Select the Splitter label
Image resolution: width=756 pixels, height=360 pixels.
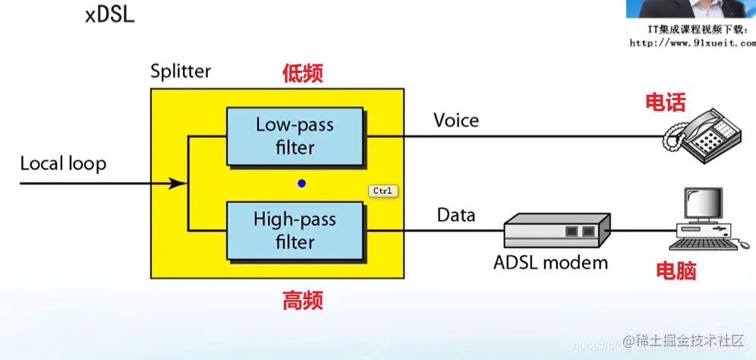[181, 72]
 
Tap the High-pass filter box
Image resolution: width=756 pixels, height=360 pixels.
[295, 230]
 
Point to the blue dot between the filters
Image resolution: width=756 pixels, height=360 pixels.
[301, 184]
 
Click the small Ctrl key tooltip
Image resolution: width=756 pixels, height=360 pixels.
[383, 191]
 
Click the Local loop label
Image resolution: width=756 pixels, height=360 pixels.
[63, 163]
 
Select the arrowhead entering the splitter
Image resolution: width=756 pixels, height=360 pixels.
[178, 183]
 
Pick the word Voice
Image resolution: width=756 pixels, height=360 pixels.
[456, 120]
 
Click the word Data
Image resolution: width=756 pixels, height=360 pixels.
[456, 216]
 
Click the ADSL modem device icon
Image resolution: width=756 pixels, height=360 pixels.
[557, 228]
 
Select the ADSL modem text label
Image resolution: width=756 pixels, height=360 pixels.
[550, 263]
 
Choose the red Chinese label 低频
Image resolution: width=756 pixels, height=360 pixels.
[303, 73]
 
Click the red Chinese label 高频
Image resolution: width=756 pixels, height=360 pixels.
[303, 301]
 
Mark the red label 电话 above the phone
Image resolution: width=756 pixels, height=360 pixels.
[665, 102]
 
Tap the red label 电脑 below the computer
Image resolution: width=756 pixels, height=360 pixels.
[676, 271]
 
